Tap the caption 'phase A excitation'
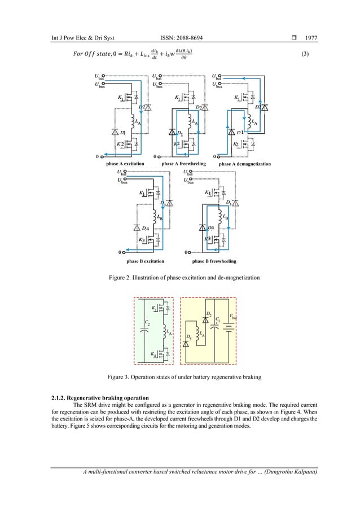click(125, 164)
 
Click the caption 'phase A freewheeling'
click(184, 164)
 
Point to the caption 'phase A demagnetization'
click(244, 164)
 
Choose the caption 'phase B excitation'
click(145, 261)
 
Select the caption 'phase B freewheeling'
click(214, 261)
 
